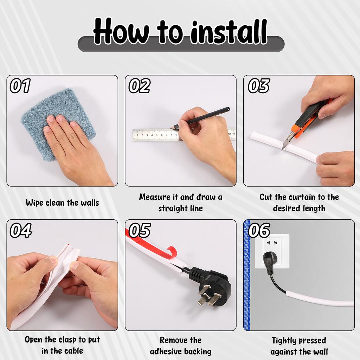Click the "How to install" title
click(180, 32)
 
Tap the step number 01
click(20, 86)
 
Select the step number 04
click(20, 230)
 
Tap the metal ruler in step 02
click(155, 134)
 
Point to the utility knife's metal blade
click(286, 143)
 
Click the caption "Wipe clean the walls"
click(62, 203)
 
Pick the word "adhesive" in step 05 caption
click(166, 351)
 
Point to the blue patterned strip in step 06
click(247, 274)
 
